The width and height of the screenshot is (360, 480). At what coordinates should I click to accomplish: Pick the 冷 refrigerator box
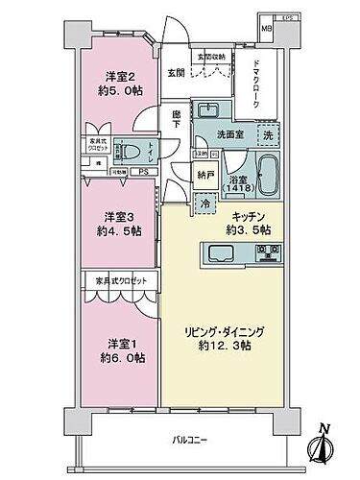(x=204, y=203)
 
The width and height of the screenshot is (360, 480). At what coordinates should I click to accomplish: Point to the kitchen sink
(x=217, y=253)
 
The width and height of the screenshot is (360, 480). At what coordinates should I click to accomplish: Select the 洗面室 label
(x=227, y=133)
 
